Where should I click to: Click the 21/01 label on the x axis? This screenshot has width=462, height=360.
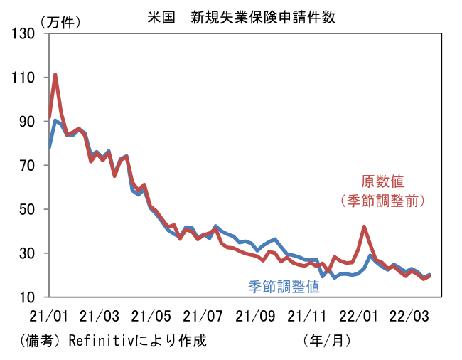[x=49, y=315]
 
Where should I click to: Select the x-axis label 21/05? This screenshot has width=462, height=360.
[x=151, y=315]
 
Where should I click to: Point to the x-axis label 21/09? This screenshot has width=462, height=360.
[x=254, y=315]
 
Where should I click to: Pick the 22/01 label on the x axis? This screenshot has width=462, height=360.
[x=357, y=315]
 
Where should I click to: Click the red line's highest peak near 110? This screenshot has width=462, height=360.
[x=55, y=74]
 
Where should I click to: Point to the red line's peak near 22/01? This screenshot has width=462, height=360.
[x=364, y=227]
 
